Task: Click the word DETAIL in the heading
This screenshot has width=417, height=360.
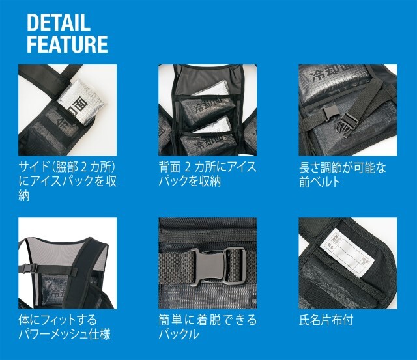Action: tap(59, 23)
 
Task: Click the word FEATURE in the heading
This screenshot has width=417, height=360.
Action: tap(67, 44)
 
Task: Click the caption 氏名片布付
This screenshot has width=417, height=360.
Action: tap(326, 320)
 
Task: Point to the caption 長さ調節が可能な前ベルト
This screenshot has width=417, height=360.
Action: tap(343, 175)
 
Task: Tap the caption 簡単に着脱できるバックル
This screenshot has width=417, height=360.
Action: tap(208, 327)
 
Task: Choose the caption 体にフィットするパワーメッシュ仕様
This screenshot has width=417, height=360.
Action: tap(65, 327)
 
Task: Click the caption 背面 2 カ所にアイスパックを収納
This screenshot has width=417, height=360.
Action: tap(207, 174)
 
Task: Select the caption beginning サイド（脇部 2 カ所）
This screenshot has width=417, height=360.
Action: tap(68, 181)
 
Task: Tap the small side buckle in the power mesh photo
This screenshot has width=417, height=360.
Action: tap(27, 268)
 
